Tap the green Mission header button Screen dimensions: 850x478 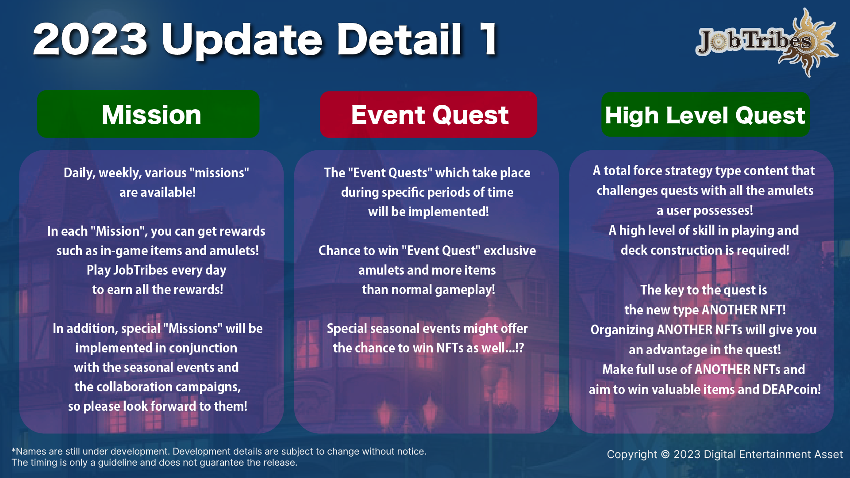[148, 114]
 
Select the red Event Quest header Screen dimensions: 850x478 [428, 115]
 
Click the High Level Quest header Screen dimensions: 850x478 [705, 115]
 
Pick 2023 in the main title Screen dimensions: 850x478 [90, 39]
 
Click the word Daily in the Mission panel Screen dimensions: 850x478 [79, 173]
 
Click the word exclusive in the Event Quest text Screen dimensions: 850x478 [510, 251]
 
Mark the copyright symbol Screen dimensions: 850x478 [665, 455]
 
